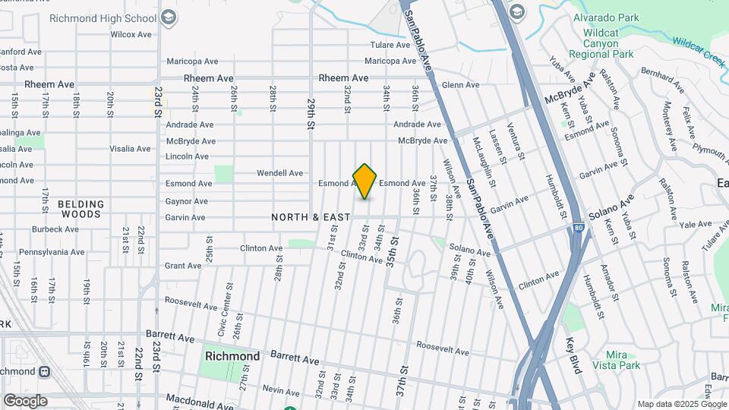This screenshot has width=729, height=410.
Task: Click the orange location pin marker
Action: (365, 181)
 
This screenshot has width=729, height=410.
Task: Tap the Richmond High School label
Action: (103, 17)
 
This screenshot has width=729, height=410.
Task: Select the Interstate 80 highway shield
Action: (579, 227)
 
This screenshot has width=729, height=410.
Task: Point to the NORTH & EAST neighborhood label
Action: (311, 217)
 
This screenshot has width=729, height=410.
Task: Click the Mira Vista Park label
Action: (623, 360)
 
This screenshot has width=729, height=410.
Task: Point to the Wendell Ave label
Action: (279, 173)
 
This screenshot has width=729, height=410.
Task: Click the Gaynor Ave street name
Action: (186, 201)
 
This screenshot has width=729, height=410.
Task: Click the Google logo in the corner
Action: (25, 401)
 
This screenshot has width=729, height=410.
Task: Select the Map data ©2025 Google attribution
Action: (682, 404)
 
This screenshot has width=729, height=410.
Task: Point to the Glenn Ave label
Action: (460, 85)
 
